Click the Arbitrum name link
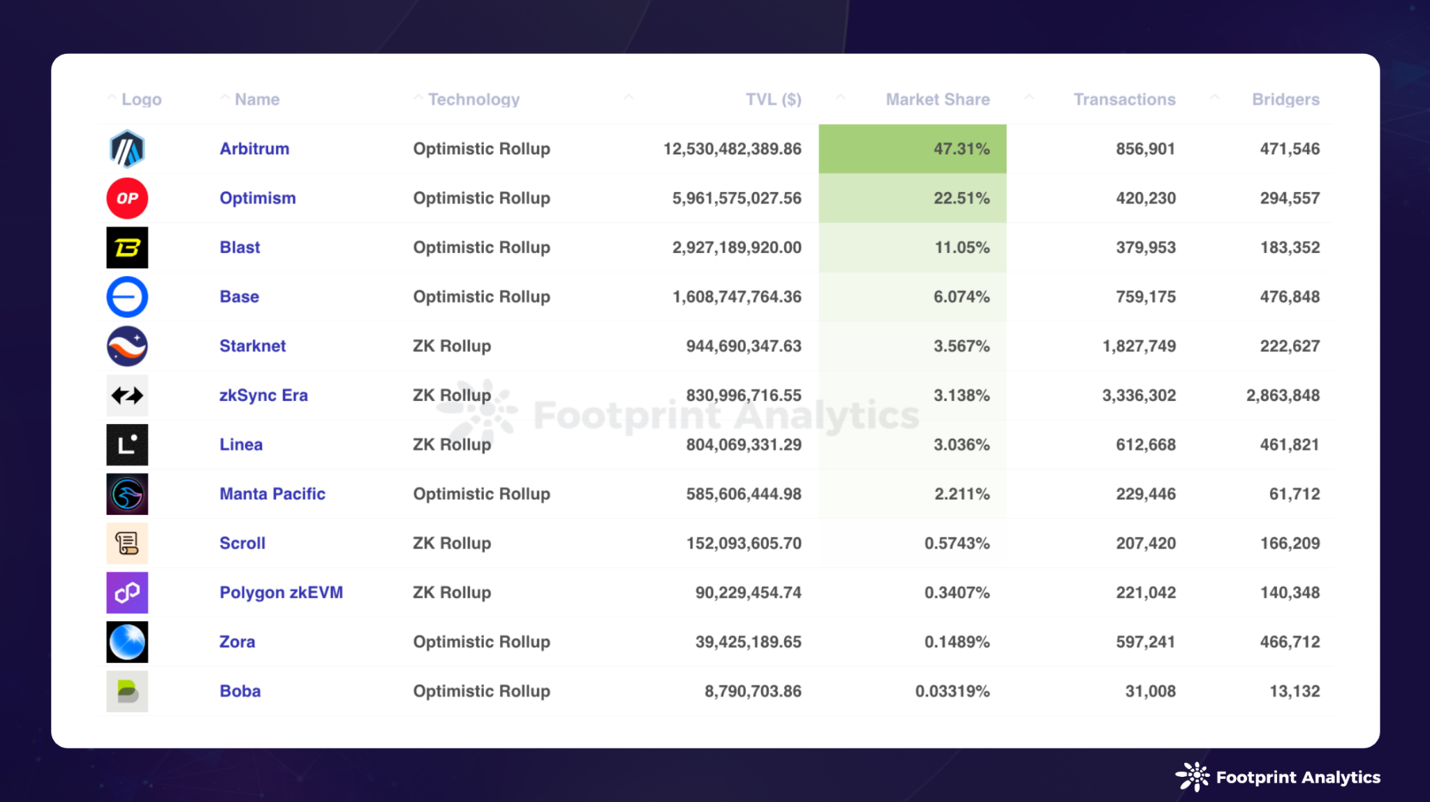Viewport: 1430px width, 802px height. tap(254, 149)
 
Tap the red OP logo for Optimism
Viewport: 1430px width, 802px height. tap(127, 198)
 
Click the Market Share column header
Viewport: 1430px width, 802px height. tap(937, 100)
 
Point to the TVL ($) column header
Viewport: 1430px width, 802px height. tap(773, 100)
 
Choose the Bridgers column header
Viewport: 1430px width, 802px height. tap(1285, 100)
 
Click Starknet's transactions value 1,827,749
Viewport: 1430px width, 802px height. tap(1139, 346)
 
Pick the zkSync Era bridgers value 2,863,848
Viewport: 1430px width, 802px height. tap(1283, 395)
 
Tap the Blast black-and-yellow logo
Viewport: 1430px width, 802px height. tap(127, 247)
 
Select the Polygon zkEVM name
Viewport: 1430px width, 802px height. tap(281, 592)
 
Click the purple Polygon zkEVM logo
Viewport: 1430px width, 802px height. tap(127, 592)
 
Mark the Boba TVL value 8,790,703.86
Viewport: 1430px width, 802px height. tap(753, 691)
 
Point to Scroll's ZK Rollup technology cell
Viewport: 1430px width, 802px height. tap(452, 543)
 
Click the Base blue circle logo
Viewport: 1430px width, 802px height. tap(127, 297)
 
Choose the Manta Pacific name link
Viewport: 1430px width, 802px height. tap(272, 494)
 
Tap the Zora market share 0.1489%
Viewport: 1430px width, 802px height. tap(957, 641)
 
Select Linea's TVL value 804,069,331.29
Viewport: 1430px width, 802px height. tap(744, 444)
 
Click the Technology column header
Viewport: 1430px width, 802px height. tap(473, 100)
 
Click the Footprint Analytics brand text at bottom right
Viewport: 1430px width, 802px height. tap(1297, 778)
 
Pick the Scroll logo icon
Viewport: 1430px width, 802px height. tap(127, 543)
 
